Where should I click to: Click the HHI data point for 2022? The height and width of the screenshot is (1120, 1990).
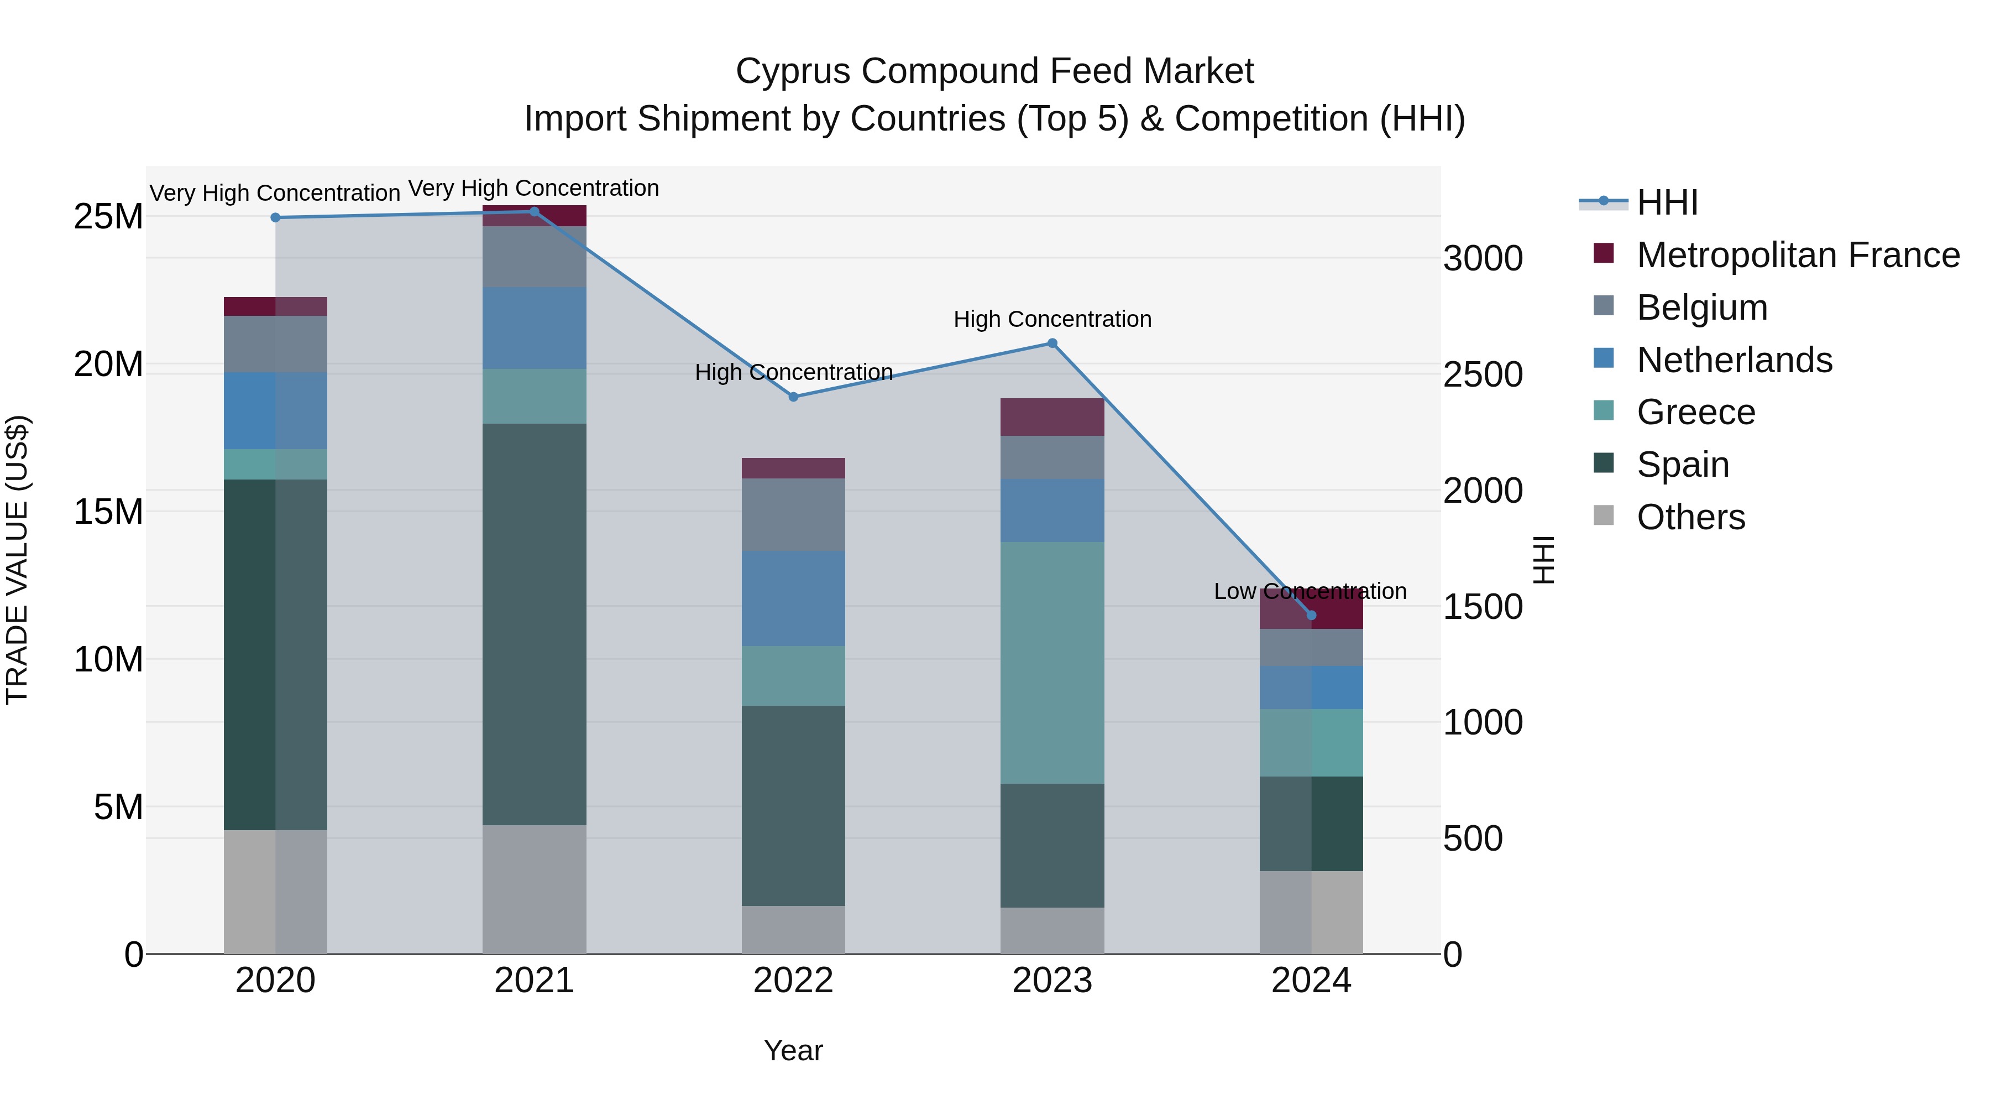click(x=793, y=397)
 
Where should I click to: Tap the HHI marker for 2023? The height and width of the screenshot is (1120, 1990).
click(x=1052, y=343)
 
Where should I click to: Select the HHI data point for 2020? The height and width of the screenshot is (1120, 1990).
click(x=276, y=218)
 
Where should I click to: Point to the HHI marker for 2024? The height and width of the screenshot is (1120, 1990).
click(x=1311, y=615)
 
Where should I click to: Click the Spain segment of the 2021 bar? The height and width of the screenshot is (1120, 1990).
click(x=535, y=624)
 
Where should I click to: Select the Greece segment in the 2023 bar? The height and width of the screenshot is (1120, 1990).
click(x=1052, y=663)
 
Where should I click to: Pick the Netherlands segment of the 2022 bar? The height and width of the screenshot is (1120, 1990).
click(x=793, y=598)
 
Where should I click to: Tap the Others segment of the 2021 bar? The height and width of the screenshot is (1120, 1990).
click(x=535, y=889)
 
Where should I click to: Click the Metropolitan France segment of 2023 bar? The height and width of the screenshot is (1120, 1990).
click(x=1052, y=418)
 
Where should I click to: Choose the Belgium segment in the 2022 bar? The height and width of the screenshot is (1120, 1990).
click(x=793, y=515)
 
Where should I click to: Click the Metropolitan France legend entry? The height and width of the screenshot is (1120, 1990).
click(x=1797, y=255)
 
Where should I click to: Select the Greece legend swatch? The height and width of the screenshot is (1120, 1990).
click(x=1604, y=410)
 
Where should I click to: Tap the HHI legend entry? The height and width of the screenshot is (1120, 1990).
click(x=1667, y=202)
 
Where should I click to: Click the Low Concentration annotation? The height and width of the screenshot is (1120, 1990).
click(x=1310, y=591)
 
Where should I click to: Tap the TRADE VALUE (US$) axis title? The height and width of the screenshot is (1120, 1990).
click(x=17, y=560)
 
